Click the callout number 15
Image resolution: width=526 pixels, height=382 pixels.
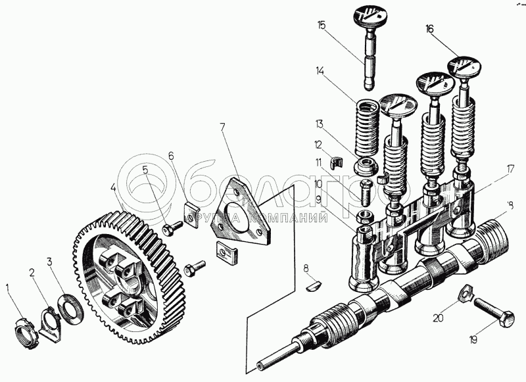[321, 25]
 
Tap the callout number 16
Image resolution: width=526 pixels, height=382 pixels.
[429, 29]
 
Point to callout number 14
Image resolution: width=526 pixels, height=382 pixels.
[320, 70]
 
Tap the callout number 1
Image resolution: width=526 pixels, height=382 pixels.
[8, 287]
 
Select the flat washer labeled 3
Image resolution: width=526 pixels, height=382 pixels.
[68, 305]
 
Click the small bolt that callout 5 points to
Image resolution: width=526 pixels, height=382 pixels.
[173, 227]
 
